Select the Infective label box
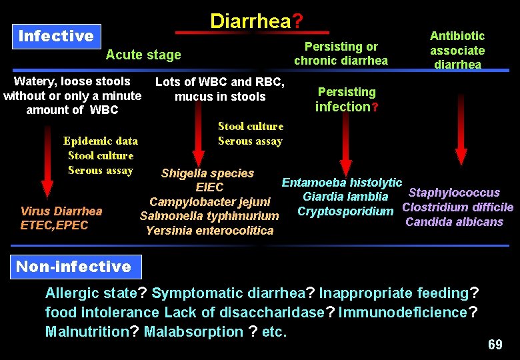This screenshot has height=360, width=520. tap(56, 36)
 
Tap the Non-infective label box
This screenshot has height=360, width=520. tap(73, 267)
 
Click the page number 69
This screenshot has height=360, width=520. tap(495, 345)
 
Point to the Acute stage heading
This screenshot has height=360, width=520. tap(143, 55)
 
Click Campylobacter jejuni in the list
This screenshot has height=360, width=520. tap(210, 202)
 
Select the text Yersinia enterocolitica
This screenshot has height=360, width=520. tap(210, 231)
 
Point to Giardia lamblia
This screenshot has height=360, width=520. tap(345, 197)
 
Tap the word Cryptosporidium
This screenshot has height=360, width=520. tap(345, 211)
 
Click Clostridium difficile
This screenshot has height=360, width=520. tap(458, 207)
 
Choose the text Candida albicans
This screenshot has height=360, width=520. tap(454, 222)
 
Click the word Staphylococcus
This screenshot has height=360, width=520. tap(454, 193)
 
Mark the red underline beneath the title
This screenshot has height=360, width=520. tap(252, 32)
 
